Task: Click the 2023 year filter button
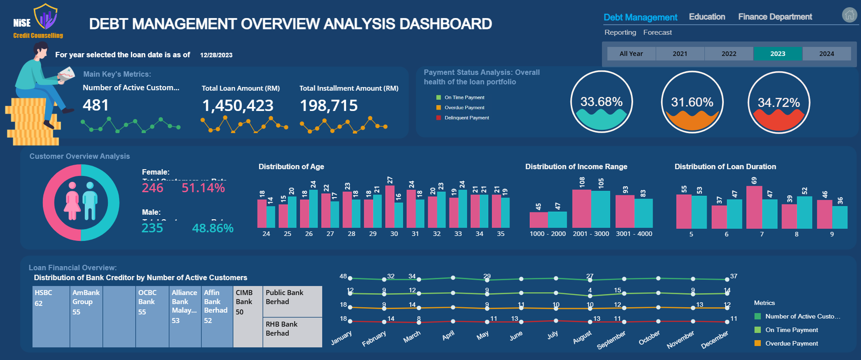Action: coord(778,54)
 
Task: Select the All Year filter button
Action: coord(631,54)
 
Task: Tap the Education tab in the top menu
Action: coord(707,17)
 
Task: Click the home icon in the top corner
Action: coord(849,15)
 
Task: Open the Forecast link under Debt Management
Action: coord(657,32)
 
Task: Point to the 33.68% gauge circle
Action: coord(601,102)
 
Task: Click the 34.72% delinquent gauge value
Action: coord(778,103)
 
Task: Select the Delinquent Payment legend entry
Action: coord(466,118)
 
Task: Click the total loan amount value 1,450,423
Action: coord(238,106)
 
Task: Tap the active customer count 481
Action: coord(96,105)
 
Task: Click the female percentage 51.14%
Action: coord(203,188)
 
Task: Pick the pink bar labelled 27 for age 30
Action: coord(390,206)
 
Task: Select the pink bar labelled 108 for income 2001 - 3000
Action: coord(581,208)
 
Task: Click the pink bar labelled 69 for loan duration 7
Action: coord(754,207)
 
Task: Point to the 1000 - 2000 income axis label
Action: coord(547,234)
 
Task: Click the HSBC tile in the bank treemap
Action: coord(51,316)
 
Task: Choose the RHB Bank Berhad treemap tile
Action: coord(292,332)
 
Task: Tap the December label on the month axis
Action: coord(714,340)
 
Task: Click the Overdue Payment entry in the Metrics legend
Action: coord(791,343)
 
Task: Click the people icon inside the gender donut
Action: coord(81,201)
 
